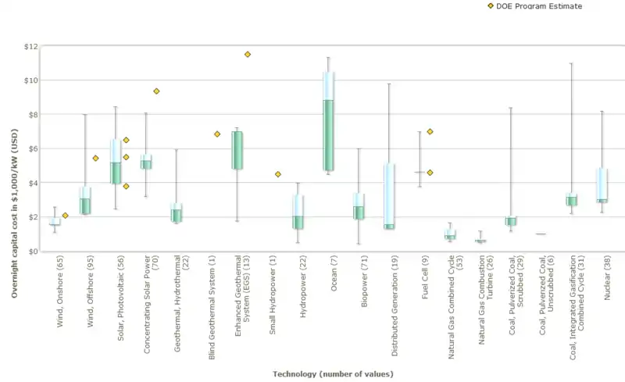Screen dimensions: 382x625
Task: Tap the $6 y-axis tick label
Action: coord(30,148)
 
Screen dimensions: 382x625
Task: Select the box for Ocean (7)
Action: coord(329,121)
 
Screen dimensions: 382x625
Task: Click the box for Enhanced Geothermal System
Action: coord(237,150)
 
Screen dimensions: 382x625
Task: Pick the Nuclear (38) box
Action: coord(602,186)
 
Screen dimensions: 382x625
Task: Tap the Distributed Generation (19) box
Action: coord(389,196)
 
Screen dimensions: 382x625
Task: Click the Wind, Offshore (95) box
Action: coord(85,201)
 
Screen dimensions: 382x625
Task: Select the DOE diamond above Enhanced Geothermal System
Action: coord(248,54)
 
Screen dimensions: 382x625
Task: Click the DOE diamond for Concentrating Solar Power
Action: coord(156,91)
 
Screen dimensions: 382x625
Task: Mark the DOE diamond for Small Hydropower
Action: coord(277,174)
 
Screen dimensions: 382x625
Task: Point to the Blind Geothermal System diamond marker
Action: coord(217,134)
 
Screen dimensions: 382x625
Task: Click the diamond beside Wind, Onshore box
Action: coord(66,216)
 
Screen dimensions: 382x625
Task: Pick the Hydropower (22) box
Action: coord(298,212)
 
